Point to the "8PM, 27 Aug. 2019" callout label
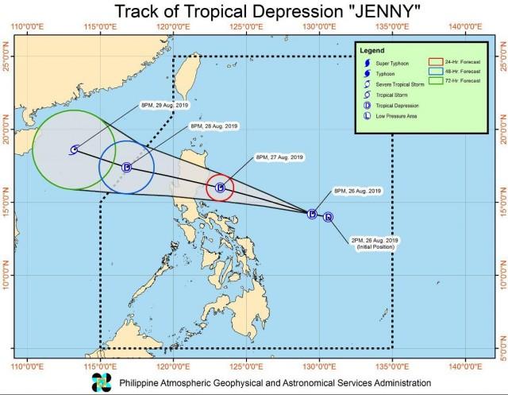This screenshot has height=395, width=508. click(280, 157)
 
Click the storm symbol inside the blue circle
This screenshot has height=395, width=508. click(126, 167)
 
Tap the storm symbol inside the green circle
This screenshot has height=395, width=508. click(74, 149)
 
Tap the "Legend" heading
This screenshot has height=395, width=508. click(372, 48)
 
